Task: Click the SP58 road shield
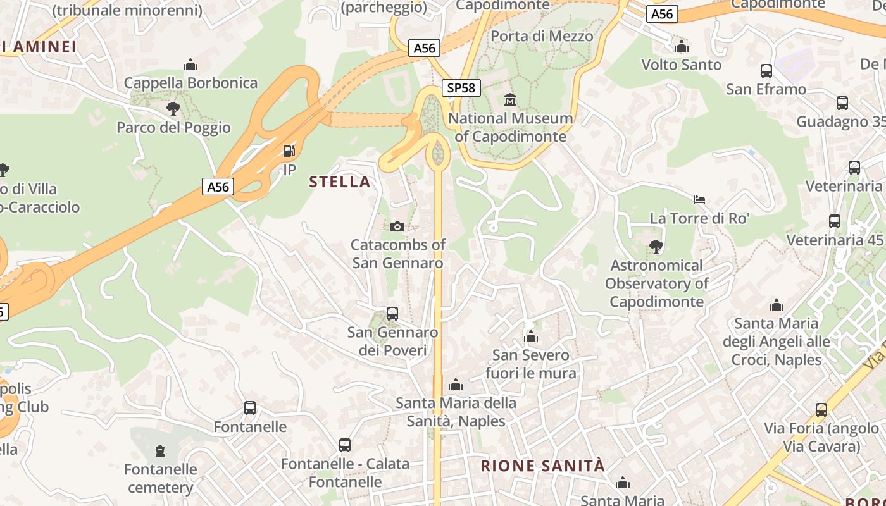pyautogui.click(x=461, y=88)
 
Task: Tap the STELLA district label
pyautogui.click(x=339, y=182)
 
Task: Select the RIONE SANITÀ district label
pyautogui.click(x=543, y=466)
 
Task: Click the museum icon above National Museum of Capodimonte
pyautogui.click(x=510, y=99)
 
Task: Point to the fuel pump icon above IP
pyautogui.click(x=289, y=151)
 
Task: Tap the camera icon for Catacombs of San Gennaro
pyautogui.click(x=397, y=226)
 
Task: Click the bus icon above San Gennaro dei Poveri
pyautogui.click(x=392, y=314)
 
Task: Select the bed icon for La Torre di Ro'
pyautogui.click(x=699, y=200)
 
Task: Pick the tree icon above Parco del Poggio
pyautogui.click(x=173, y=109)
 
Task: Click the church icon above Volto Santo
pyautogui.click(x=682, y=46)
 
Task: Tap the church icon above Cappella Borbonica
pyautogui.click(x=190, y=65)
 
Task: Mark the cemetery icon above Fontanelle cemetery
pyautogui.click(x=160, y=451)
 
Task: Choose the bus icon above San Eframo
pyautogui.click(x=766, y=71)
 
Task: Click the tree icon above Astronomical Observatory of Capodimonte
pyautogui.click(x=656, y=247)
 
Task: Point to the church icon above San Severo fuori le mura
pyautogui.click(x=531, y=336)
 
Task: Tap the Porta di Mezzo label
pyautogui.click(x=542, y=36)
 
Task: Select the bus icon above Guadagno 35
pyautogui.click(x=842, y=103)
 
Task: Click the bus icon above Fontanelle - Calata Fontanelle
pyautogui.click(x=345, y=445)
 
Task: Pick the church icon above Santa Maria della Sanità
pyautogui.click(x=456, y=385)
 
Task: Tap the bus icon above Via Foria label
pyautogui.click(x=821, y=410)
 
